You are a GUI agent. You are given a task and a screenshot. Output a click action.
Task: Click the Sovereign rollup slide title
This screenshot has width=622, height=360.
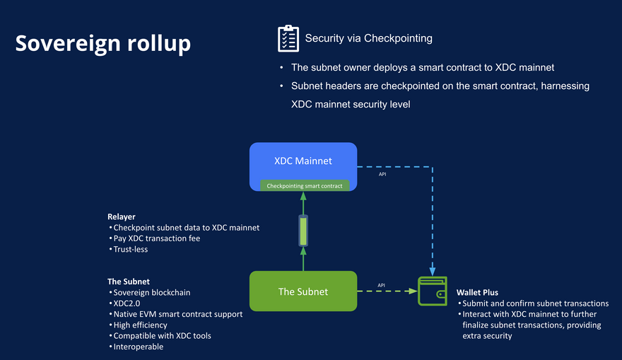pos(103,43)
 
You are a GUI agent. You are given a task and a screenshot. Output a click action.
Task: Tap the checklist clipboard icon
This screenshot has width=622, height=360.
pos(288,38)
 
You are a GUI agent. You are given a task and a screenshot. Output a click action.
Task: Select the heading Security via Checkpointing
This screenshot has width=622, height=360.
pos(368,38)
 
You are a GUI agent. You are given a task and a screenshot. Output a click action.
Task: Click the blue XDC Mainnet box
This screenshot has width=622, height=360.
pos(303,161)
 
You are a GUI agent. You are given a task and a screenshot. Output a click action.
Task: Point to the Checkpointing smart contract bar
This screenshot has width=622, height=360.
pos(304,186)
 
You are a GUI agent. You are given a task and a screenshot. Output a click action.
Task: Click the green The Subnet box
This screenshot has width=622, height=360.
pos(303,291)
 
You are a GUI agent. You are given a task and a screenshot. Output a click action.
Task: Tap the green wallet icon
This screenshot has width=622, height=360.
pos(432,291)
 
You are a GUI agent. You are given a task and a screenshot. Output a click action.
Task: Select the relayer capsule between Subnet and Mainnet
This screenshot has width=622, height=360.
pos(303,231)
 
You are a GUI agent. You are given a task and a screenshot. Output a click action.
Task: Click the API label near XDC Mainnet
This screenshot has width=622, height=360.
pos(382,174)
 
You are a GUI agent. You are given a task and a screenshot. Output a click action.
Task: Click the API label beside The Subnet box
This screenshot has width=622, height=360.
pos(382,285)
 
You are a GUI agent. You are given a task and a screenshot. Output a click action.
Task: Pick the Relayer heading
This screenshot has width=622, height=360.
pos(121,216)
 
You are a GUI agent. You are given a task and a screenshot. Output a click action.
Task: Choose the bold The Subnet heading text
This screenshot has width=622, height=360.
pos(129,281)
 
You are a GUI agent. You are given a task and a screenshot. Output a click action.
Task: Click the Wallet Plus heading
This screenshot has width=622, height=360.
pos(477,292)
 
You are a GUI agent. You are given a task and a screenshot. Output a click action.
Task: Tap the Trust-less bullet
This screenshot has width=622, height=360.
pos(131,250)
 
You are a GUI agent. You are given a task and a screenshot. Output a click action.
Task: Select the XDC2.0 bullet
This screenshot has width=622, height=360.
pos(129,303)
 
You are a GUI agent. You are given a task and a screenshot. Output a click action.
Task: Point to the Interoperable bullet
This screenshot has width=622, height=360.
pos(138,347)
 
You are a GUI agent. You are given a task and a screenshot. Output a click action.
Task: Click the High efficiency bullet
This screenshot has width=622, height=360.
pos(140,325)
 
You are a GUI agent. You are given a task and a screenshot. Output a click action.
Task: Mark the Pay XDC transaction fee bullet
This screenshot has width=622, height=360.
pos(156,238)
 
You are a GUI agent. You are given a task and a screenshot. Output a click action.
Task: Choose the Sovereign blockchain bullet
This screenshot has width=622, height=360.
pos(151,292)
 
